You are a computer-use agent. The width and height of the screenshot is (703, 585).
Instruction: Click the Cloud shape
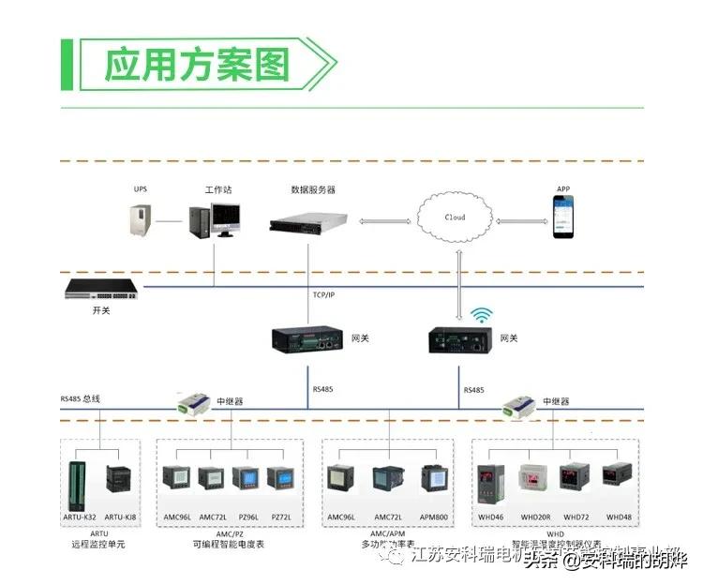click(x=456, y=219)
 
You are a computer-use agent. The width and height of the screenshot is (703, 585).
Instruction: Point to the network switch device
click(x=101, y=290)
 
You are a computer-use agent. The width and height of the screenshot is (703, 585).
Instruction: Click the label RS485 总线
click(x=81, y=399)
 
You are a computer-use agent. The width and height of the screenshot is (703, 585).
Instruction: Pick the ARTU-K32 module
click(x=78, y=485)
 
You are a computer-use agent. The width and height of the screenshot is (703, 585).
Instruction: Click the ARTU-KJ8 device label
click(x=120, y=517)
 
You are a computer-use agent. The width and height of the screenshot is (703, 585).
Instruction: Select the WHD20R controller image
click(x=534, y=481)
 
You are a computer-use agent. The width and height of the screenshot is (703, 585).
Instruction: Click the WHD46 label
click(x=491, y=517)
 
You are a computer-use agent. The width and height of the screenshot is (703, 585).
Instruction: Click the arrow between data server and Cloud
click(x=387, y=222)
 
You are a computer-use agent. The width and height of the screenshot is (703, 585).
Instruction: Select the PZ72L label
click(x=280, y=517)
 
